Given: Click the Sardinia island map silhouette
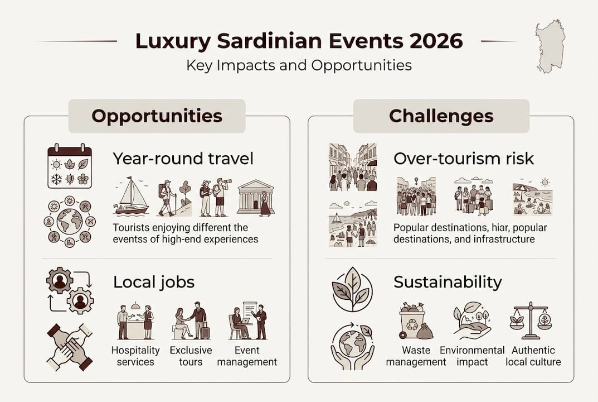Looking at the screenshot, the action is [x=550, y=46].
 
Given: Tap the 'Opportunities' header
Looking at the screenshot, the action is [x=157, y=116].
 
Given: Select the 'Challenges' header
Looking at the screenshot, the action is [x=441, y=116].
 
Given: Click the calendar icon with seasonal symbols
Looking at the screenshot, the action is [x=70, y=166].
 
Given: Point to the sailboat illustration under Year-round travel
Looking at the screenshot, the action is [x=131, y=196].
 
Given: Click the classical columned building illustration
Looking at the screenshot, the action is [x=255, y=197].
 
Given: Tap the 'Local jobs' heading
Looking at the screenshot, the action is [x=154, y=282].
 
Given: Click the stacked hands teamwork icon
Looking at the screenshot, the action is [x=70, y=347].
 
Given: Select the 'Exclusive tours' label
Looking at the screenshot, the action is [x=191, y=356].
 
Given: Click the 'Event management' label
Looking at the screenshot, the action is [x=247, y=356].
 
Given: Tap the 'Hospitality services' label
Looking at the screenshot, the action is [x=135, y=356].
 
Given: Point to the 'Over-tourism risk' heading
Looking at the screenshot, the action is [x=463, y=159].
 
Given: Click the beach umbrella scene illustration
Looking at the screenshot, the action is [x=532, y=197].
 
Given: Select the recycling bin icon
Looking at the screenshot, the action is [x=416, y=320].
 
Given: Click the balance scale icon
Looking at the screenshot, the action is [x=531, y=320].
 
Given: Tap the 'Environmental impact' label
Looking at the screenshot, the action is [x=472, y=356].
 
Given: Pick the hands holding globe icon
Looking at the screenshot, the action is [x=353, y=346].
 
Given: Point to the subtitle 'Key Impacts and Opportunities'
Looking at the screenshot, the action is [x=299, y=65].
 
